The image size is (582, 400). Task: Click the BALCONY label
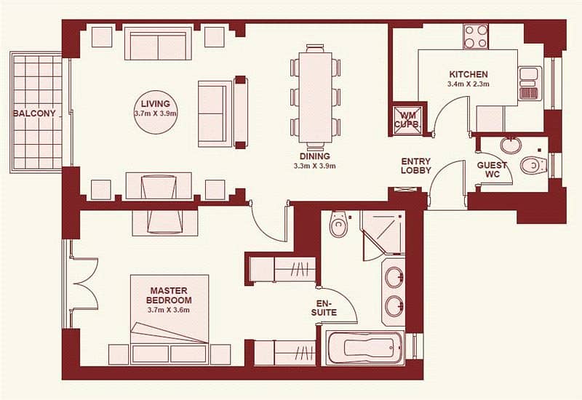pyautogui.click(x=34, y=113)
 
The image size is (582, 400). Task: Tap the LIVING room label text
pyautogui.click(x=156, y=104)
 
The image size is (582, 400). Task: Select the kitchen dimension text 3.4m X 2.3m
pyautogui.click(x=468, y=84)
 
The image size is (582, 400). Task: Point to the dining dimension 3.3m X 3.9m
pyautogui.click(x=315, y=166)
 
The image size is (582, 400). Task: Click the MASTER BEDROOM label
pyautogui.click(x=169, y=295)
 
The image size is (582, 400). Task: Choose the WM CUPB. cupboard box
pyautogui.click(x=408, y=119)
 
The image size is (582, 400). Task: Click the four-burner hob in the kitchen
pyautogui.click(x=476, y=36)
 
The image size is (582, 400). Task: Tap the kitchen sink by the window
pyautogui.click(x=529, y=83)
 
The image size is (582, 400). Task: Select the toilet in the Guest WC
pyautogui.click(x=534, y=165)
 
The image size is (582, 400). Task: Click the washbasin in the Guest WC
pyautogui.click(x=511, y=145)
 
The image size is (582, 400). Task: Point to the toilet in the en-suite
pyautogui.click(x=338, y=224)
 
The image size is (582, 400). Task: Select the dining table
pyautogui.click(x=316, y=97)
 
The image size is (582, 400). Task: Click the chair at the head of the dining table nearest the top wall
pyautogui.click(x=315, y=48)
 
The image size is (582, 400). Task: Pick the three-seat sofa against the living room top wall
pyautogui.click(x=158, y=43)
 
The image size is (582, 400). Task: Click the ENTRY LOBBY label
pyautogui.click(x=416, y=166)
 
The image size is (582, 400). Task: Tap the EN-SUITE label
pyautogui.click(x=324, y=308)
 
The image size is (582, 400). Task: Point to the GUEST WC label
pyautogui.click(x=493, y=169)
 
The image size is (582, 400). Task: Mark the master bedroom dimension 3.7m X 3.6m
pyautogui.click(x=169, y=311)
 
